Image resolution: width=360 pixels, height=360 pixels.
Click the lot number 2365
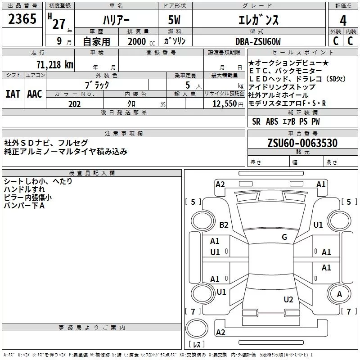click(22, 20)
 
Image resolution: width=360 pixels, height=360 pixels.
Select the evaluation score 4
click(343, 20)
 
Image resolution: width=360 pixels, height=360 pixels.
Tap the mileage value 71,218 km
click(54, 64)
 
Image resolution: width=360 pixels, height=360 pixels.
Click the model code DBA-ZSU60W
click(258, 41)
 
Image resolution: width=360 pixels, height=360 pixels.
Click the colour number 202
click(74, 104)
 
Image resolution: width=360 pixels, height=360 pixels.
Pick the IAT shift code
click(13, 94)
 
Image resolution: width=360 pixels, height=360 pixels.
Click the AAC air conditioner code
click(35, 94)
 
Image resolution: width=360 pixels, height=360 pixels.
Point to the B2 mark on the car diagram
click(224, 225)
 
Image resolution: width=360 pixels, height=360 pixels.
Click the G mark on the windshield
click(284, 237)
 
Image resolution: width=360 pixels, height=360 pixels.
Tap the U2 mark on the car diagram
click(288, 300)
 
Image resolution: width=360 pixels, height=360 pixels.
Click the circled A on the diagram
click(339, 294)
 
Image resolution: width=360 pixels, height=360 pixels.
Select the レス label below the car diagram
click(197, 344)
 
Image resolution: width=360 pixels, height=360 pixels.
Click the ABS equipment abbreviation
click(272, 121)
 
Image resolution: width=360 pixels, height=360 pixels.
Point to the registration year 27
click(58, 23)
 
